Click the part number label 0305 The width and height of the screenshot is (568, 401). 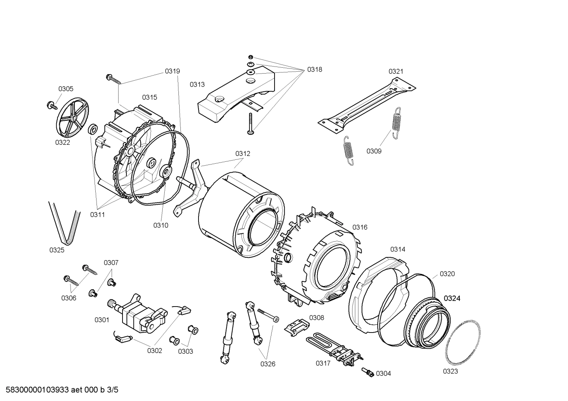pyautogui.click(x=66, y=89)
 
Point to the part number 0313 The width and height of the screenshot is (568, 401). pyautogui.click(x=197, y=84)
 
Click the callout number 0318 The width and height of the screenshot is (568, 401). pyautogui.click(x=314, y=70)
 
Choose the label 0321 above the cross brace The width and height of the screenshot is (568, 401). pyautogui.click(x=396, y=71)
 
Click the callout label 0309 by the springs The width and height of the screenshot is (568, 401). pyautogui.click(x=374, y=151)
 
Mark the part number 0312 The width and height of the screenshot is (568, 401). pyautogui.click(x=243, y=153)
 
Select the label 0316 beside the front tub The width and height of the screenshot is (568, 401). pyautogui.click(x=360, y=227)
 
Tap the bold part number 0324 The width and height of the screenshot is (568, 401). pyautogui.click(x=452, y=299)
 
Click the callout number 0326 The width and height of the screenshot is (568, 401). pyautogui.click(x=267, y=364)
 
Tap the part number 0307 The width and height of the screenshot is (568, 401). pyautogui.click(x=111, y=262)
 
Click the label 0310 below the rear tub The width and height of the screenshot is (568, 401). pyautogui.click(x=161, y=225)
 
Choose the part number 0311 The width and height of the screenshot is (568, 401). pyautogui.click(x=97, y=214)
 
